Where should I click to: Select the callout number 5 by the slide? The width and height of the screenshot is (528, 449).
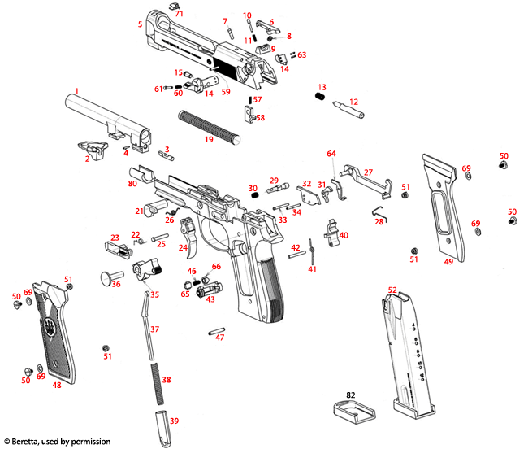140,24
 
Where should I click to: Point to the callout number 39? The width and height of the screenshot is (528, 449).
174,421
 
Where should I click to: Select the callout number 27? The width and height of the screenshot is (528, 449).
368,172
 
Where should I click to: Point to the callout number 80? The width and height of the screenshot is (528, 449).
132,184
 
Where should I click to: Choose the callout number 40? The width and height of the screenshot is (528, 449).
344,234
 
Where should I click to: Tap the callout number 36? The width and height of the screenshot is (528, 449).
116,284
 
